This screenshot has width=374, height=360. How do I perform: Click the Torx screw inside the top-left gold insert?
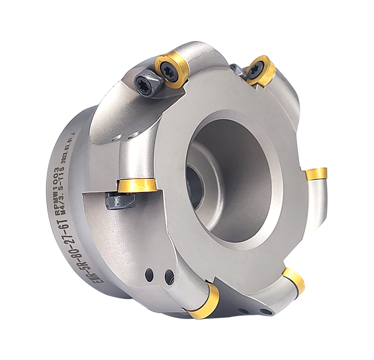[x=171, y=69]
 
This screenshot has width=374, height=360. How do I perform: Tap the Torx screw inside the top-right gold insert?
[x=255, y=69]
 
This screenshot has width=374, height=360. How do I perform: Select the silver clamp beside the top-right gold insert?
[x=236, y=70]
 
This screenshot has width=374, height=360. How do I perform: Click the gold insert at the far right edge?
[x=316, y=173]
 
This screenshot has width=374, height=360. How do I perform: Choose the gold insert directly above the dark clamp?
[x=137, y=185]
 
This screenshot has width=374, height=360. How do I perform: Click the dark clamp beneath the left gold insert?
[x=120, y=201]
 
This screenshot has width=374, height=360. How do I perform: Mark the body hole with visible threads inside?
[x=169, y=277]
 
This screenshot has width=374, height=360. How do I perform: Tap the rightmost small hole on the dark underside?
[x=265, y=312]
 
